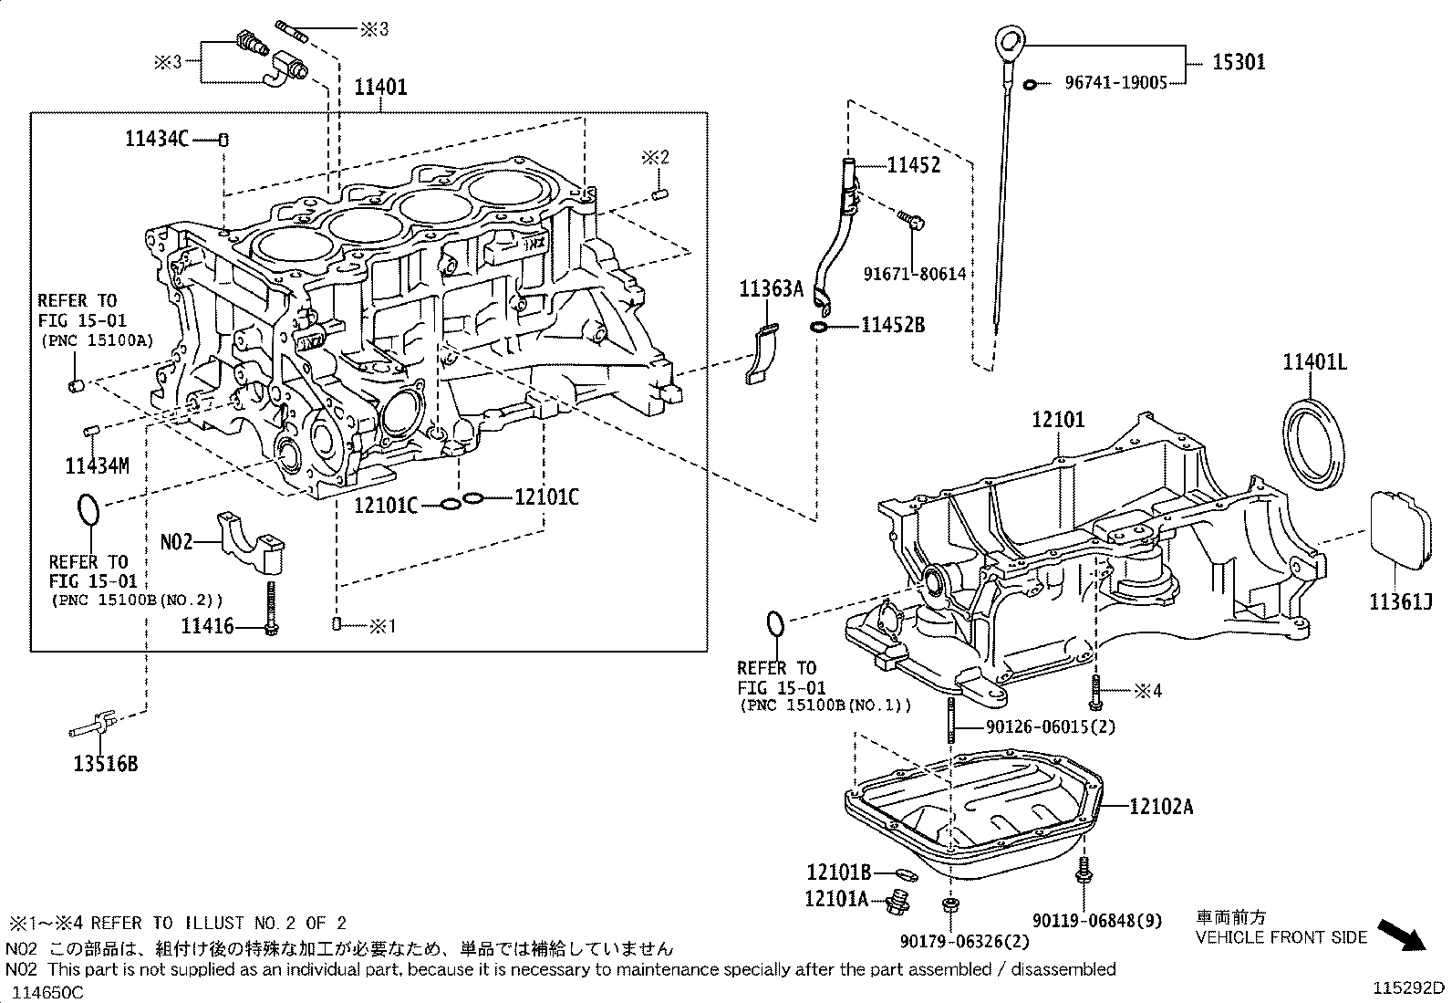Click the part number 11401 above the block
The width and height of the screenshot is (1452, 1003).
tap(380, 88)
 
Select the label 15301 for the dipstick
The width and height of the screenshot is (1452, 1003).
tap(1239, 62)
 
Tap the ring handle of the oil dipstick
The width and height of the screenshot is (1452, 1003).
tap(1006, 41)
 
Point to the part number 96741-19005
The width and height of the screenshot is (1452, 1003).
tap(1115, 82)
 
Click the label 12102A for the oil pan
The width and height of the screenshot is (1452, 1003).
tap(1161, 806)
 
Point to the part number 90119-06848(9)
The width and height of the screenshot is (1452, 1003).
tap(1097, 920)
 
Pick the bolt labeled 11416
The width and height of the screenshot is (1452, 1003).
tap(272, 606)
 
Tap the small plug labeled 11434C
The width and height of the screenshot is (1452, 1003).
tap(223, 140)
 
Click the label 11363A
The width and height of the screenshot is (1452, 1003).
tap(770, 289)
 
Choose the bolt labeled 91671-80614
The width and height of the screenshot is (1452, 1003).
tap(912, 219)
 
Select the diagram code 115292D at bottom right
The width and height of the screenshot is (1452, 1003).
tap(1410, 987)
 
